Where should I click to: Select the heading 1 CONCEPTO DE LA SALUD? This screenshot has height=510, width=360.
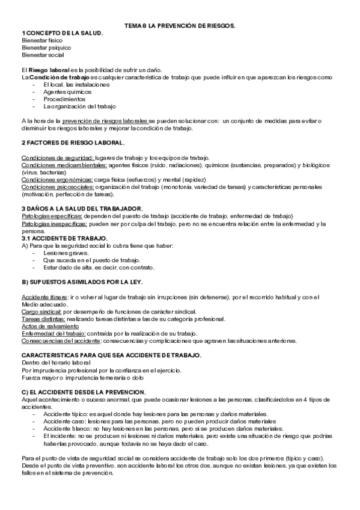62,32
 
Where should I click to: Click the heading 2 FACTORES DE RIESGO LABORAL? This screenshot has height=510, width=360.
73,143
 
